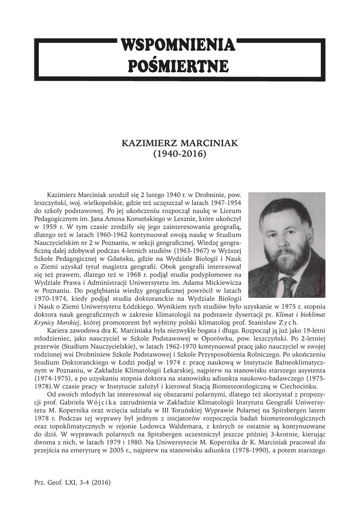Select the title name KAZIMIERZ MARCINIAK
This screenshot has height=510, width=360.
pos(180,143)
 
